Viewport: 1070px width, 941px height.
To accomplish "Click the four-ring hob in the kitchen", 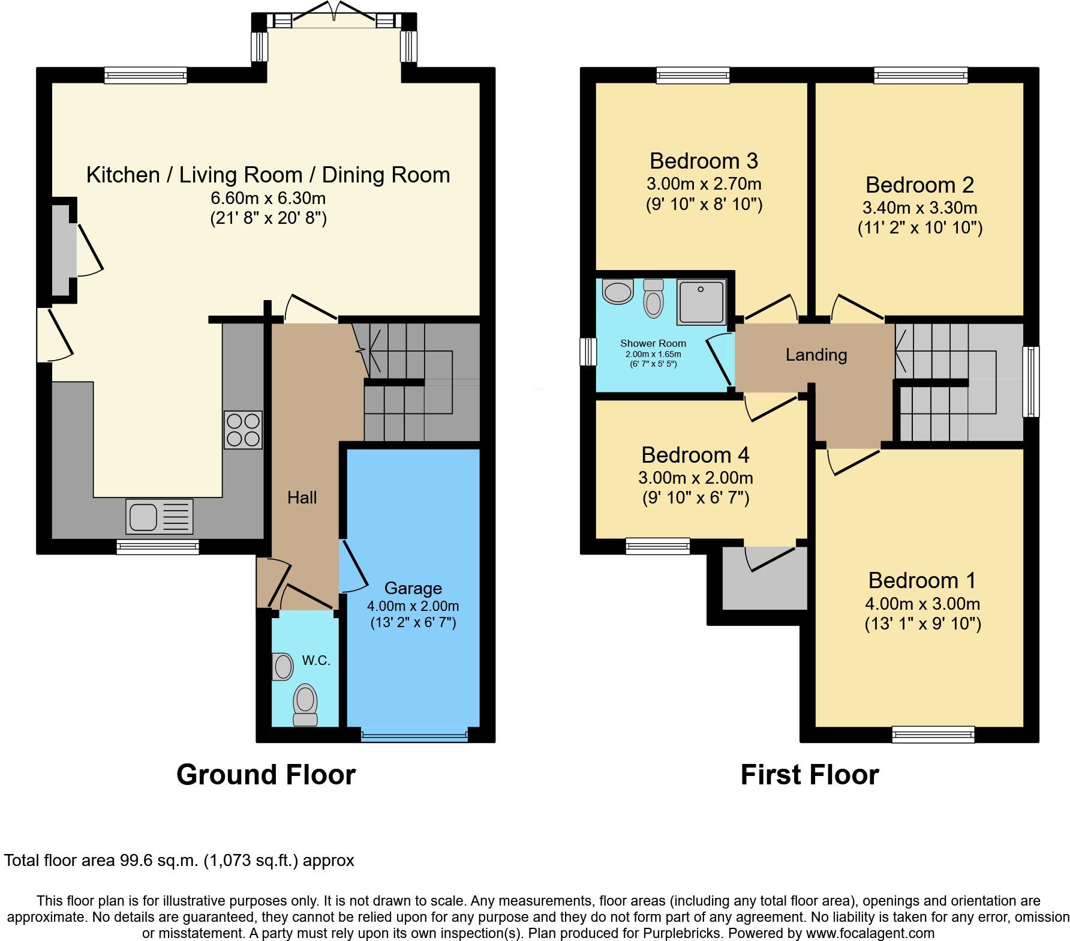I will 244,430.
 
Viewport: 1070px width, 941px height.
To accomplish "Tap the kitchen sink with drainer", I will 160,517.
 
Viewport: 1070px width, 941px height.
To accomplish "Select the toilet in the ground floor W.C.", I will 305,706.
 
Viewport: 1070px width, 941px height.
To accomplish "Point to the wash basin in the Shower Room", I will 618,292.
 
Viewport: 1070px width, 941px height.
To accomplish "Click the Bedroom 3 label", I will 704,161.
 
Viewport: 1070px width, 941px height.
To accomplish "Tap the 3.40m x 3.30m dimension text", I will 919,208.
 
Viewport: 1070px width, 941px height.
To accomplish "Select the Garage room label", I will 413,588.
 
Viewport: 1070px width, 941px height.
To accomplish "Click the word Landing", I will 816,355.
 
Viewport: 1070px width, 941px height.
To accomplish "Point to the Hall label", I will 302,497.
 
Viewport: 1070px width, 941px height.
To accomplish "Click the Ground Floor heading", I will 266,775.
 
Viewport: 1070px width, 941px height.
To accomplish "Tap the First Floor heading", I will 809,775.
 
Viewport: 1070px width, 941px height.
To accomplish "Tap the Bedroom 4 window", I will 657,546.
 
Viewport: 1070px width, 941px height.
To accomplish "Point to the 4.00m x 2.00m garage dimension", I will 413,606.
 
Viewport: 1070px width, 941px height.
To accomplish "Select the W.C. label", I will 316,661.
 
